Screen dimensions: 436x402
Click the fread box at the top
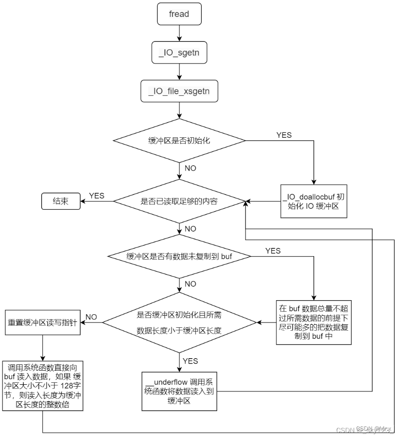pyautogui.click(x=179, y=14)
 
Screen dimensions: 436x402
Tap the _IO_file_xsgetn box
pyautogui.click(x=179, y=92)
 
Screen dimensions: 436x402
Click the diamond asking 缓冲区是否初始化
pyautogui.click(x=179, y=141)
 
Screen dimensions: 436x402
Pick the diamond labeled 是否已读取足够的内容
pyautogui.click(x=179, y=201)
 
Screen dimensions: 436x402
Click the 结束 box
pyautogui.click(x=60, y=201)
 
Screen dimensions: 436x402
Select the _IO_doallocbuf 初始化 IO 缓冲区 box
pyautogui.click(x=314, y=202)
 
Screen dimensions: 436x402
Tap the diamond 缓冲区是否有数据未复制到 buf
pyautogui.click(x=179, y=256)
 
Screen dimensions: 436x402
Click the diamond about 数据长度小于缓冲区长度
pyautogui.click(x=179, y=322)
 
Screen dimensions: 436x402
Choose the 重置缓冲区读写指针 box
pyautogui.click(x=42, y=322)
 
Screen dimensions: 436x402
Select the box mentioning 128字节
pyautogui.click(x=42, y=385)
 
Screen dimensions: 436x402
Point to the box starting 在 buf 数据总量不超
pyautogui.click(x=314, y=322)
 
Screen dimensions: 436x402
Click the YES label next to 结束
pyautogui.click(x=97, y=196)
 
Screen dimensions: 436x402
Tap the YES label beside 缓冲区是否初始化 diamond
pyautogui.click(x=284, y=135)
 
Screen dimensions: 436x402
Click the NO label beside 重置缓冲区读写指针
pyautogui.click(x=92, y=317)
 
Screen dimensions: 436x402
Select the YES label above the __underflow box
pyautogui.click(x=190, y=361)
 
